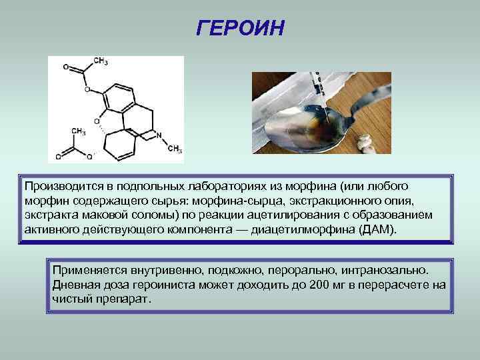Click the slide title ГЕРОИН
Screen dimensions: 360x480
[x=241, y=29]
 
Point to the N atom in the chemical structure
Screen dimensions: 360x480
[x=159, y=135]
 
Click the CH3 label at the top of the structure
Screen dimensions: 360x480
[x=101, y=61]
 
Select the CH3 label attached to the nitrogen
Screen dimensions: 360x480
[x=175, y=149]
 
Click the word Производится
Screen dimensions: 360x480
[x=58, y=185]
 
